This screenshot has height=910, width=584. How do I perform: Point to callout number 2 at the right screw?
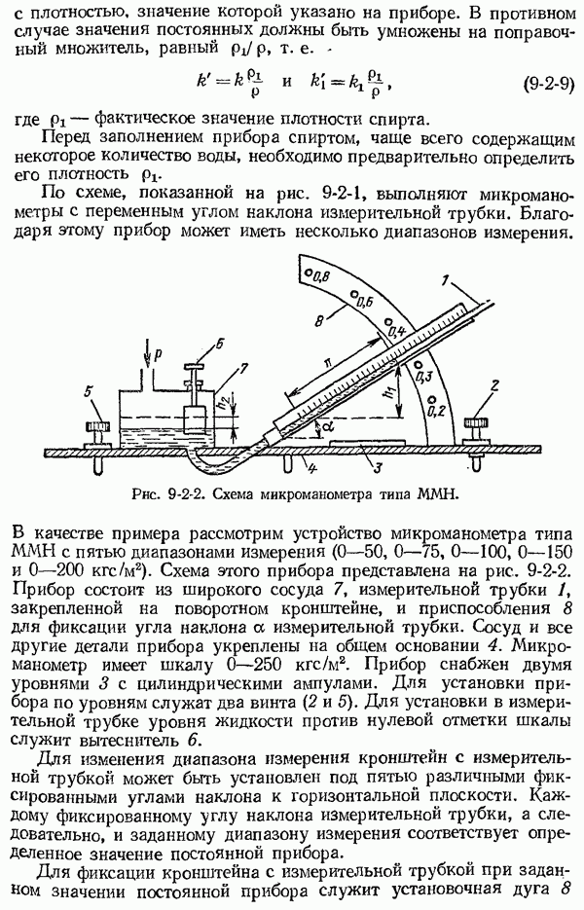click(x=496, y=386)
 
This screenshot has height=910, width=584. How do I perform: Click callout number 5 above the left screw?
click(x=90, y=393)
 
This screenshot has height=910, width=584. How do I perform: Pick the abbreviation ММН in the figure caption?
click(x=436, y=493)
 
